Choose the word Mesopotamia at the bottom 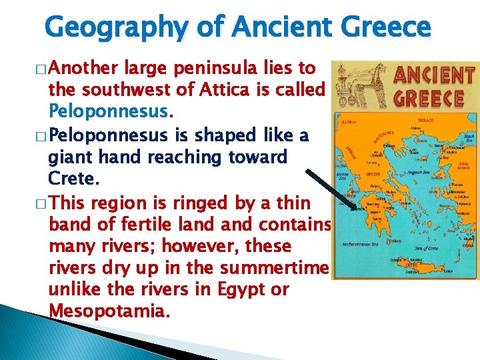click(x=106, y=311)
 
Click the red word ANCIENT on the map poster click(x=434, y=75)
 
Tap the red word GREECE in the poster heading click(x=429, y=98)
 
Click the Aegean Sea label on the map click(x=419, y=172)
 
